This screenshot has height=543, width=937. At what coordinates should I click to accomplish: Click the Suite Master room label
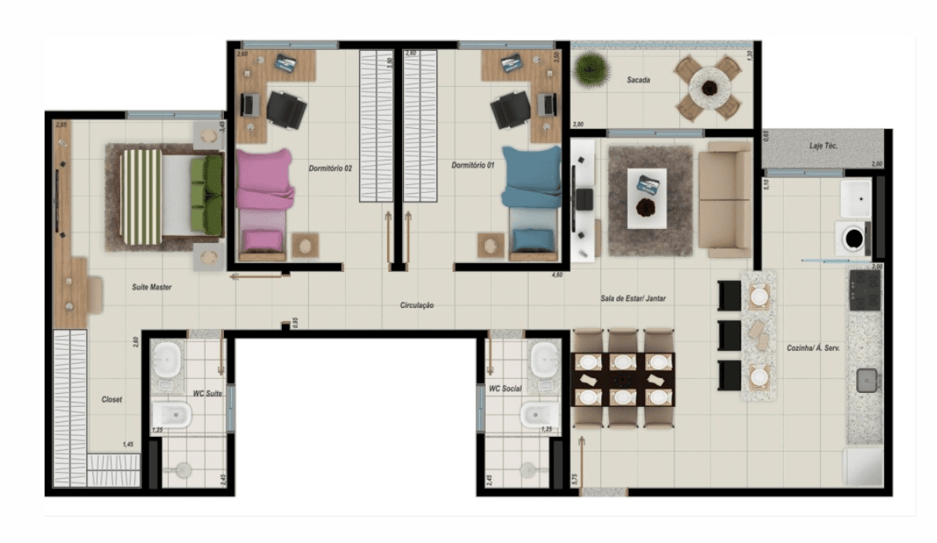click(151, 288)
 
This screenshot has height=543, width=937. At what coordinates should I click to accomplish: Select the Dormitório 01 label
click(473, 166)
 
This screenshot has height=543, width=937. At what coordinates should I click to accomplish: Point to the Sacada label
click(639, 80)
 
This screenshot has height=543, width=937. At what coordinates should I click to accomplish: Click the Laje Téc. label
click(825, 146)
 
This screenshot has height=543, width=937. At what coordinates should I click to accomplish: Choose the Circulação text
click(416, 305)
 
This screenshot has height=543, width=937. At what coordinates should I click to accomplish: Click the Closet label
click(112, 399)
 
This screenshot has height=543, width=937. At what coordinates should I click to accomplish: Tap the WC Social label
click(504, 388)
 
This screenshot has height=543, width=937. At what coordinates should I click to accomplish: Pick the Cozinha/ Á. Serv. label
click(812, 348)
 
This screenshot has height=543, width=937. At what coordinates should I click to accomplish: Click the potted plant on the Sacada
click(590, 70)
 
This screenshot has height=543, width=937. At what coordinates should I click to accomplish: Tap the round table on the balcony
click(709, 86)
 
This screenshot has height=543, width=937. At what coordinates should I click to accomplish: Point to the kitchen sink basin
click(866, 380)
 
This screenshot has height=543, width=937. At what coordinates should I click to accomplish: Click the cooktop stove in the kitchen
click(864, 289)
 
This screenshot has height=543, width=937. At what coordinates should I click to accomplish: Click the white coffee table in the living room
click(647, 198)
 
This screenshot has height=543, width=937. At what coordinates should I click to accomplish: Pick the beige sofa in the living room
click(724, 199)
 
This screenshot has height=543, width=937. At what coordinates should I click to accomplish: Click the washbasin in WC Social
click(542, 360)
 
